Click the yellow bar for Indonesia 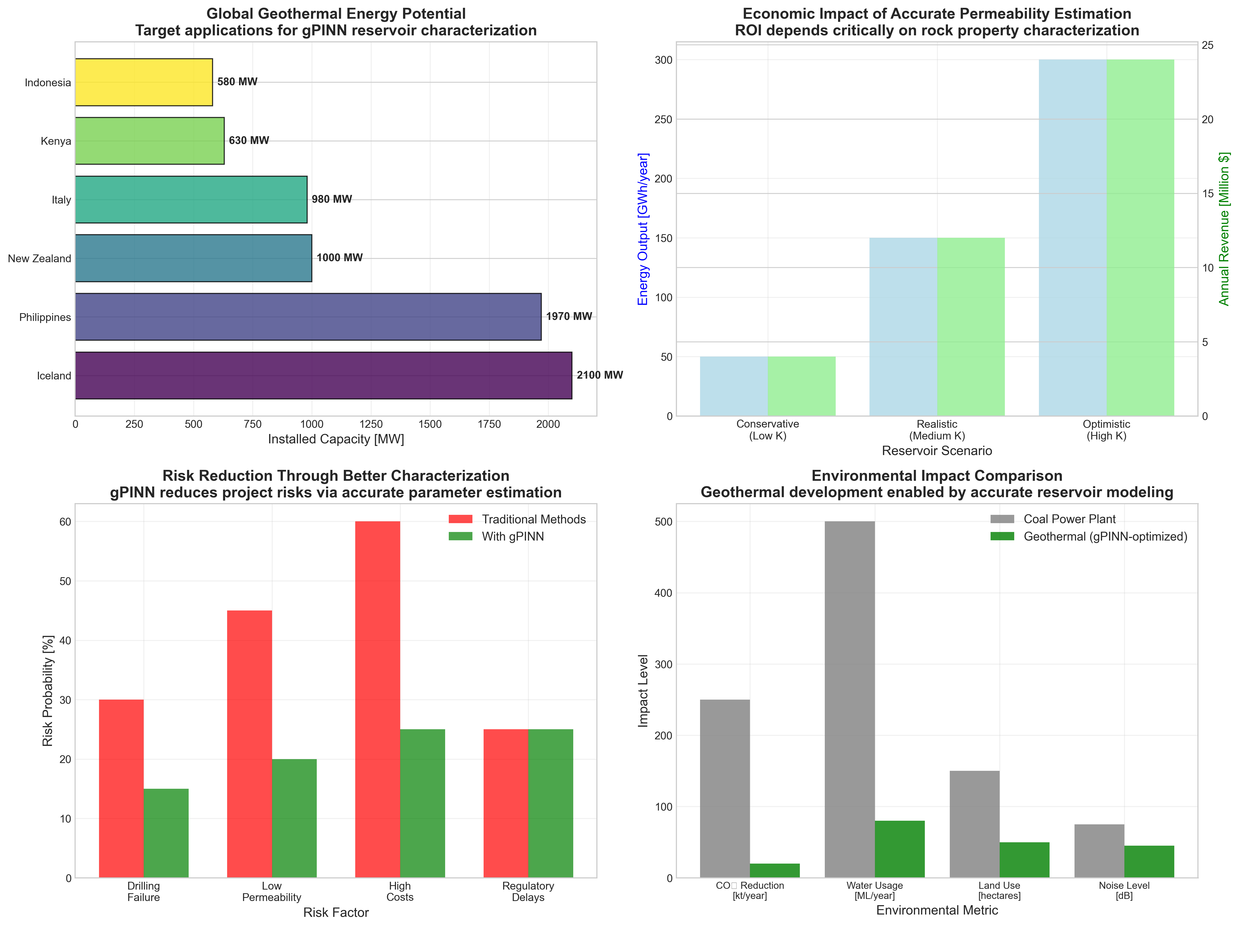point(144,82)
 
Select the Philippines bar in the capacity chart point(308,317)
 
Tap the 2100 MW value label point(599,375)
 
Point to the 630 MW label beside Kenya point(249,141)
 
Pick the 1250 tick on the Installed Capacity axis point(371,424)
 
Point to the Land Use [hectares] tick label point(999,891)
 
